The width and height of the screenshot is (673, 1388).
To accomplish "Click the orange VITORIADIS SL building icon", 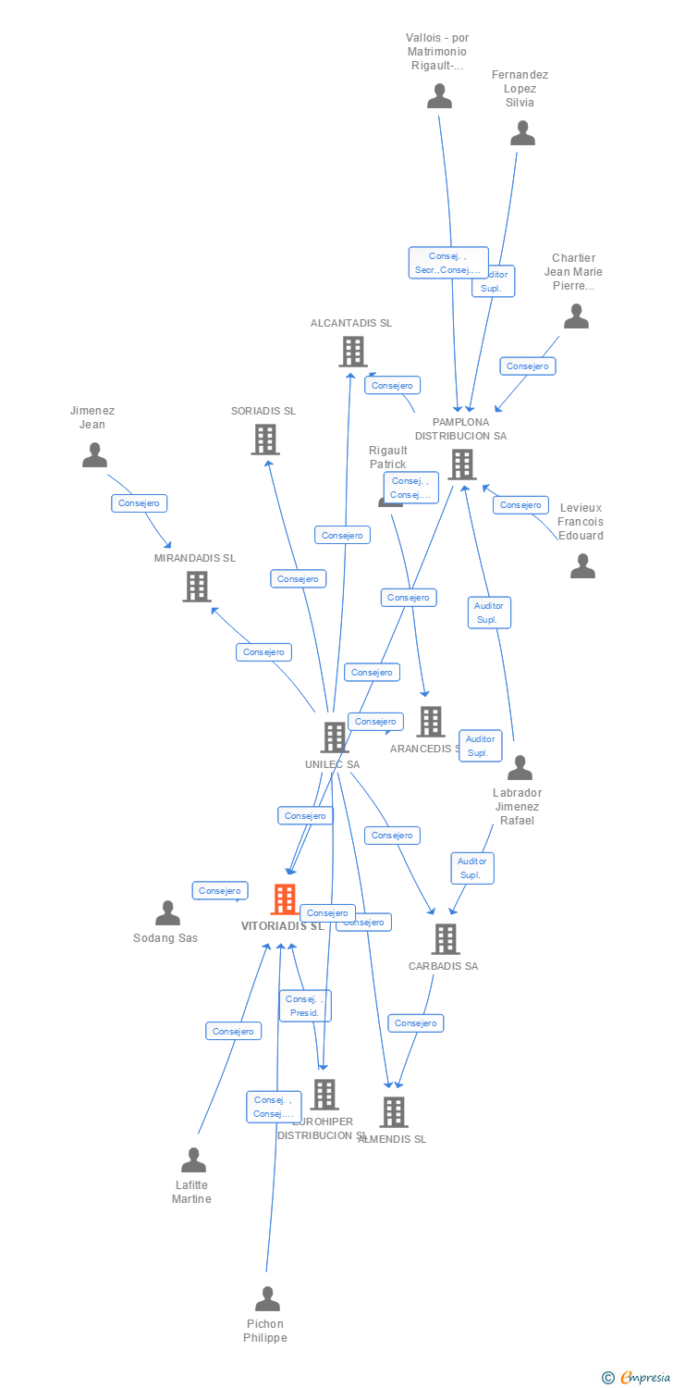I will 284,899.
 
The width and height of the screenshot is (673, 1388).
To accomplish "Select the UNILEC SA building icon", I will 333,737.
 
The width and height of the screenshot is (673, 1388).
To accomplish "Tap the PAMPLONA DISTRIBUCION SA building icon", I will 461,465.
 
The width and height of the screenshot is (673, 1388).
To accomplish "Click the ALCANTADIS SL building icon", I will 352,352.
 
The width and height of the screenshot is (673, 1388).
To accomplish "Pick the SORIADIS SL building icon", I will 264,440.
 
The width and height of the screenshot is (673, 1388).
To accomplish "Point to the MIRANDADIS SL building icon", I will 196,587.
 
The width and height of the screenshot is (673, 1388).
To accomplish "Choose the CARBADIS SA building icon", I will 445,939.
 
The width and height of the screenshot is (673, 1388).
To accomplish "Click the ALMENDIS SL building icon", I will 393,1112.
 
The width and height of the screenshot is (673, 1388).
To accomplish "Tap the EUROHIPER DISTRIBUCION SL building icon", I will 324,1095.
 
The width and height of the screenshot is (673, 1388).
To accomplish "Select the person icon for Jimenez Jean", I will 94,455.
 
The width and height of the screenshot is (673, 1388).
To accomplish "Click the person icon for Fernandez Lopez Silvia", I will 522,133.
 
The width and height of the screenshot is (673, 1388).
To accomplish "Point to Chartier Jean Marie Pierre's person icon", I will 576,316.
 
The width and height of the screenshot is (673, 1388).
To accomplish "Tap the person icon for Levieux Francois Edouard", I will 582,565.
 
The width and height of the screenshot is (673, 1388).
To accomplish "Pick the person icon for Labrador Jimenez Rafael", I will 520,768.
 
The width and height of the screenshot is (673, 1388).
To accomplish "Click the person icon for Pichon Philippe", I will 267,1299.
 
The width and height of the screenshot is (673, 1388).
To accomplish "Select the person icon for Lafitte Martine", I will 193,1160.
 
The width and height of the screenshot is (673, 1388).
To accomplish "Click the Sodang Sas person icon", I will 167,913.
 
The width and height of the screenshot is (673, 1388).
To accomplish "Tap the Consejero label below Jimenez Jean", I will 140,503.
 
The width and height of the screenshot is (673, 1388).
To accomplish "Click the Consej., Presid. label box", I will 304,1006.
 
